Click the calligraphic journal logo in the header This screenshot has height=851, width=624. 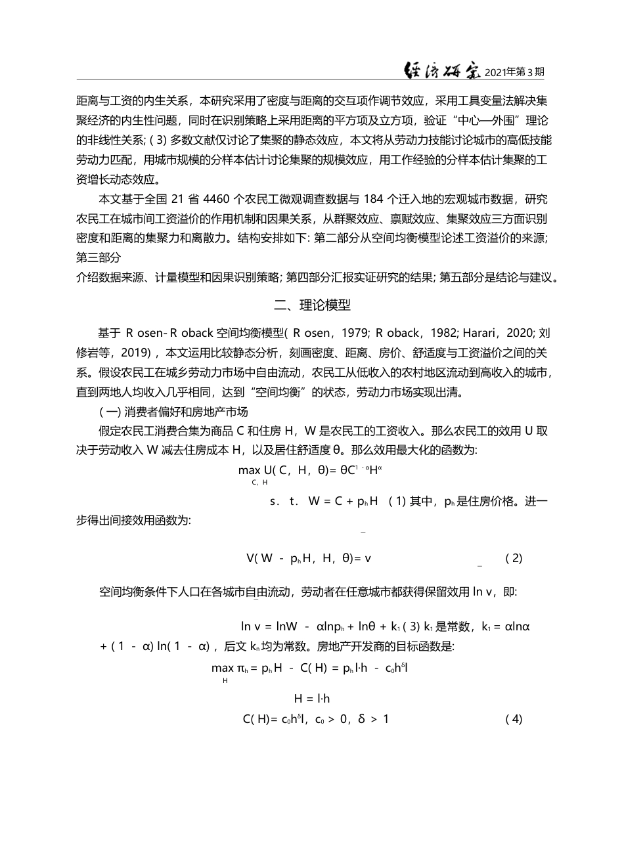pos(441,71)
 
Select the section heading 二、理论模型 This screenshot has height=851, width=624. pos(312,305)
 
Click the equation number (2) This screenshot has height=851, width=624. pos(514,558)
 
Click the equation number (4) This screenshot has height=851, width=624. pos(514,718)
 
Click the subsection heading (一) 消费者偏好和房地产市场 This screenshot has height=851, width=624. pos(173,412)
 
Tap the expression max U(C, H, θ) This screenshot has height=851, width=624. pos(279,469)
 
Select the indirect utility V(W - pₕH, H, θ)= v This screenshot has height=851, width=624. pos(309,558)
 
